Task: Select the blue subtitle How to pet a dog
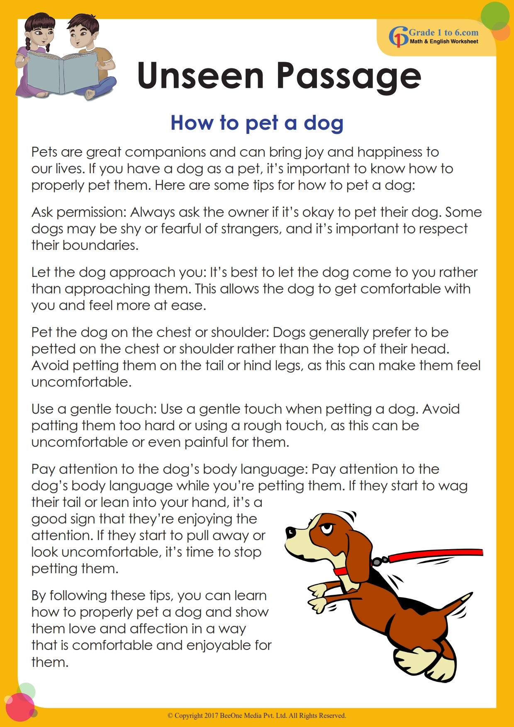point(257,123)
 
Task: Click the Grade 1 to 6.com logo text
point(443,33)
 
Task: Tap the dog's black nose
point(290,531)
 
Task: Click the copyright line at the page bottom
point(257,715)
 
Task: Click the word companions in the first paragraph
point(166,152)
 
